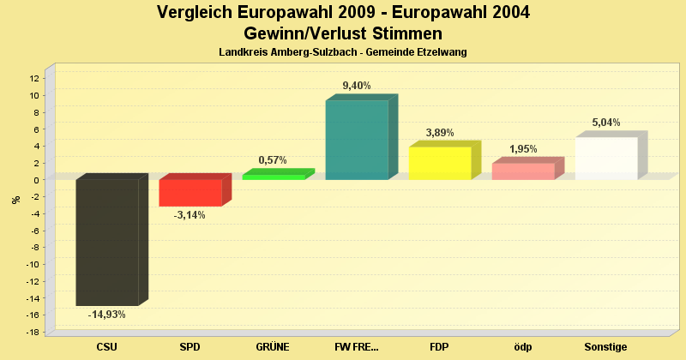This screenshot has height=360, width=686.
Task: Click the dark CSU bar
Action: pyautogui.click(x=107, y=242)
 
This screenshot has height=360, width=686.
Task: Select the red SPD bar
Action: pyautogui.click(x=190, y=193)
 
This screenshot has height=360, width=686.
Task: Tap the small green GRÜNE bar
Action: pyautogui.click(x=274, y=177)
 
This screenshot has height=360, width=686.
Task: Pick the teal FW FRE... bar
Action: pyautogui.click(x=357, y=140)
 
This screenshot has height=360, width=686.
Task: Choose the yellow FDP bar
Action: pyautogui.click(x=440, y=163)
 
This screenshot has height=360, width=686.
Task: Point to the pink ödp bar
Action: pyautogui.click(x=523, y=171)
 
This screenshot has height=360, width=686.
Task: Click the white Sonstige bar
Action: pyautogui.click(x=606, y=158)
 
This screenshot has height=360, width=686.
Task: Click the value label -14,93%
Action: pyautogui.click(x=107, y=315)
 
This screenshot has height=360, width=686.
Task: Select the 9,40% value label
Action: pyautogui.click(x=357, y=86)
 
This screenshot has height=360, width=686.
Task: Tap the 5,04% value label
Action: pyautogui.click(x=605, y=123)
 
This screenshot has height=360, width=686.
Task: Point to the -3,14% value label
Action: pyautogui.click(x=190, y=215)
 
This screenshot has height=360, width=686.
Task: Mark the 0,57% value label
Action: pyautogui.click(x=273, y=160)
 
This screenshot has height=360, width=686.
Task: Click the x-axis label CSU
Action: pyautogui.click(x=107, y=347)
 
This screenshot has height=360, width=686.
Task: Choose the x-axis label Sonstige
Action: pyautogui.click(x=606, y=347)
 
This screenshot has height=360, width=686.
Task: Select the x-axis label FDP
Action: pyautogui.click(x=440, y=347)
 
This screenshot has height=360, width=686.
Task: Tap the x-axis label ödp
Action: pyautogui.click(x=523, y=347)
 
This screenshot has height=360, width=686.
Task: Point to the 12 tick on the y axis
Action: pyautogui.click(x=34, y=78)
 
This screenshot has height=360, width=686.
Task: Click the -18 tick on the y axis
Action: pyautogui.click(x=33, y=332)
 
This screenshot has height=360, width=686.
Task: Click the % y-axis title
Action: pyautogui.click(x=15, y=200)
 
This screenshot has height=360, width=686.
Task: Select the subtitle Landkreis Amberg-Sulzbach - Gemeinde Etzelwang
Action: pyautogui.click(x=343, y=53)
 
